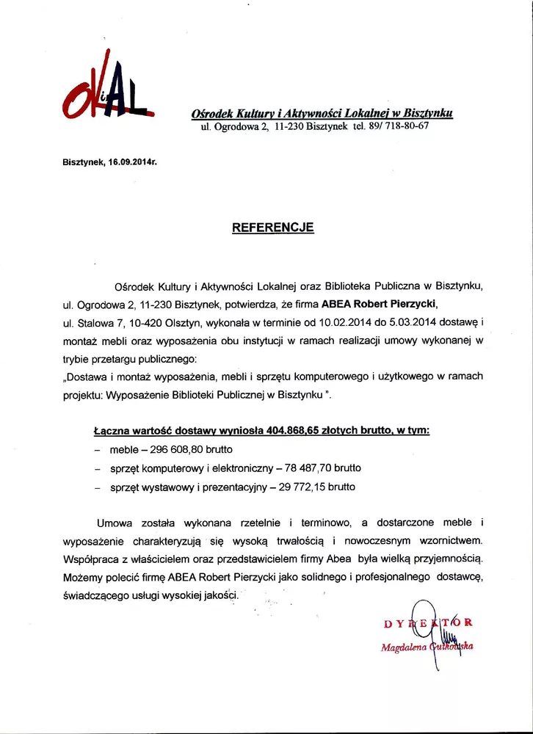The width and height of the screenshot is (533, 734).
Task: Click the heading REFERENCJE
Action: click(x=272, y=228)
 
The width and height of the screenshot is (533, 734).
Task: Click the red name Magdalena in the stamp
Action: click(x=399, y=647)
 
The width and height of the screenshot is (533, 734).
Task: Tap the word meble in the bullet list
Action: click(x=123, y=448)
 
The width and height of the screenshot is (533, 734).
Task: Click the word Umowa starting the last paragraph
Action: click(x=116, y=523)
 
